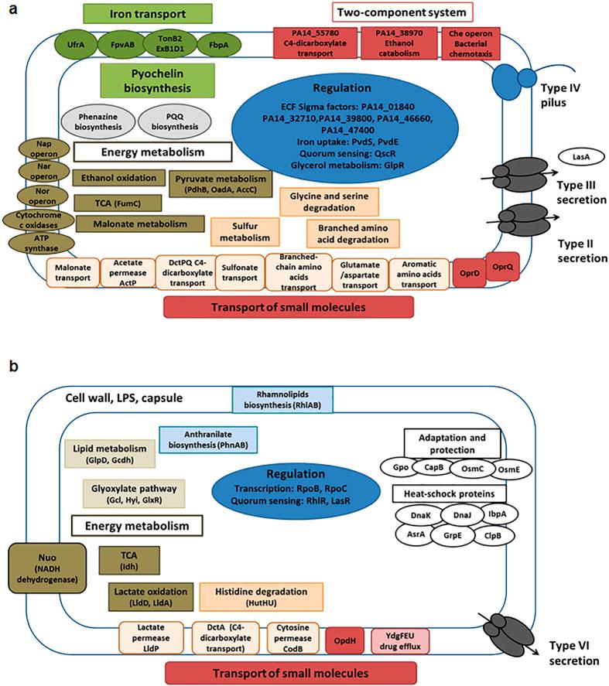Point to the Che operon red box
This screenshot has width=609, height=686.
[x=470, y=41]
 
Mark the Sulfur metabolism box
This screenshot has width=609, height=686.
[x=245, y=230]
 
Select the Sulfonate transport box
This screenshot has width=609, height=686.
[x=238, y=271]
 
